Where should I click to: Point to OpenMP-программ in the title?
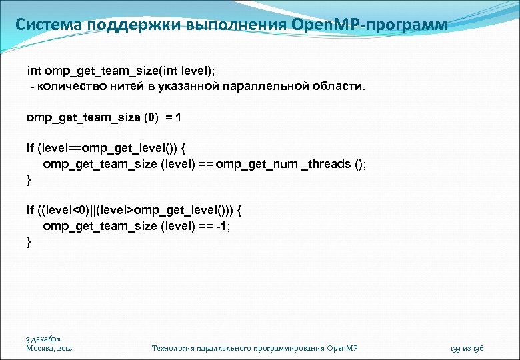click(370, 25)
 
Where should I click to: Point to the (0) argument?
click(152, 117)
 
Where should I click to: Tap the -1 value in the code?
click(223, 225)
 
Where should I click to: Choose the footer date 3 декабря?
click(44, 339)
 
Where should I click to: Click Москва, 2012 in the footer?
click(49, 348)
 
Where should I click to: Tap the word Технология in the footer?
click(175, 348)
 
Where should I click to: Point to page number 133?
click(456, 348)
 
